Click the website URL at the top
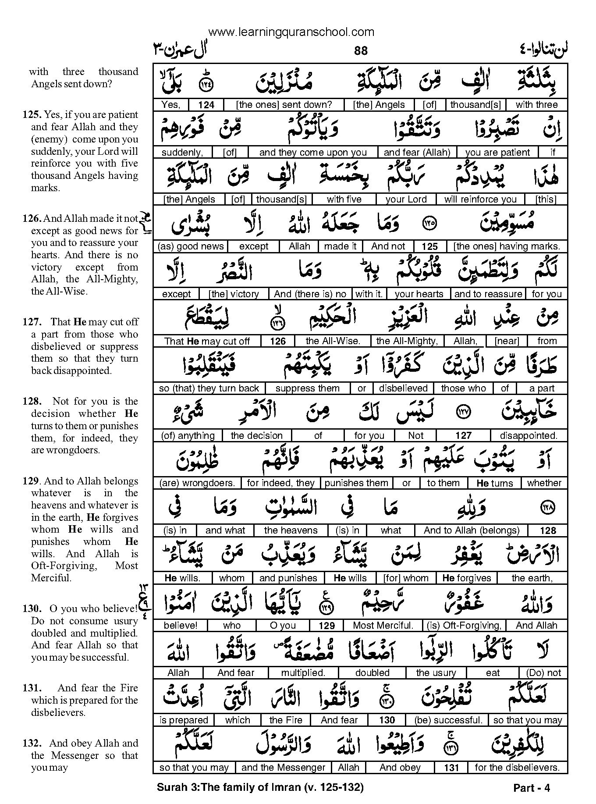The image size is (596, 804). pos(291,32)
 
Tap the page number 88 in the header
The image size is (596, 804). pos(361,51)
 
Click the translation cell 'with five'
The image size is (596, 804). pos(344,199)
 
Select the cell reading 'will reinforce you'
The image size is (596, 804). pos(480,199)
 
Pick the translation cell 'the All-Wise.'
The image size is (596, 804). pos(333,341)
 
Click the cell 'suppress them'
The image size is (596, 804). pos(308,388)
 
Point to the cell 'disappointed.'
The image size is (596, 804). pos(529,436)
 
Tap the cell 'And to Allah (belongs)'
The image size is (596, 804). pos(472,530)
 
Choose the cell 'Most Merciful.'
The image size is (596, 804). pos(383,626)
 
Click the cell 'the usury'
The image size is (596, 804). pos(436,673)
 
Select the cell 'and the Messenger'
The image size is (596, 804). pos(283,768)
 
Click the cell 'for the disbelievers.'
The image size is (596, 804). pos(517,768)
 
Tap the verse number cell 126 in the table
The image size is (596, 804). pos(278,341)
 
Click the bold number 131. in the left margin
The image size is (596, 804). pos(32,688)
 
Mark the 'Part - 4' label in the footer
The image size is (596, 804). pos(531,788)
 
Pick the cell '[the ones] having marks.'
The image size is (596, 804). pos(507,246)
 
